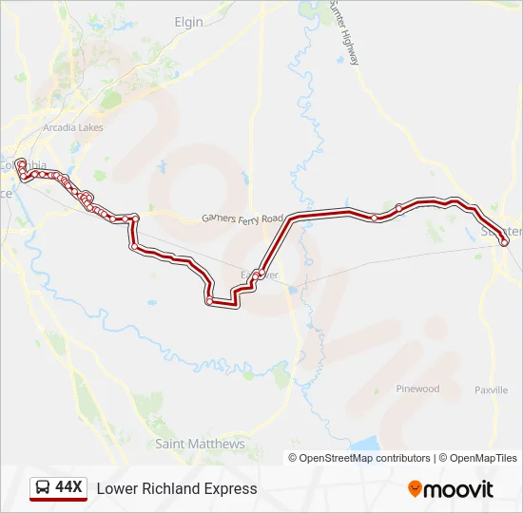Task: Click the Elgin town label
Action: [x=189, y=21]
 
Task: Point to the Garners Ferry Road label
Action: [x=242, y=218]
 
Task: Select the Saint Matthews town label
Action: [x=200, y=444]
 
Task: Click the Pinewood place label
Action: [x=417, y=389]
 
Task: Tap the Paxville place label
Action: [x=491, y=389]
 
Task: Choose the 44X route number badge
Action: [x=69, y=488]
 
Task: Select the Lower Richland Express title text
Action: [x=177, y=489]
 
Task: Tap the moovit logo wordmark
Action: [x=458, y=489]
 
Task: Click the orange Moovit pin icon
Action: [x=415, y=489]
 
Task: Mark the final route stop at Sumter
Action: [x=504, y=242]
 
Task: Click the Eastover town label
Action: [x=260, y=275]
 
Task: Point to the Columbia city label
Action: [x=25, y=166]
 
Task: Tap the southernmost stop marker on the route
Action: [x=209, y=301]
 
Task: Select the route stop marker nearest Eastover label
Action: [x=258, y=274]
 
